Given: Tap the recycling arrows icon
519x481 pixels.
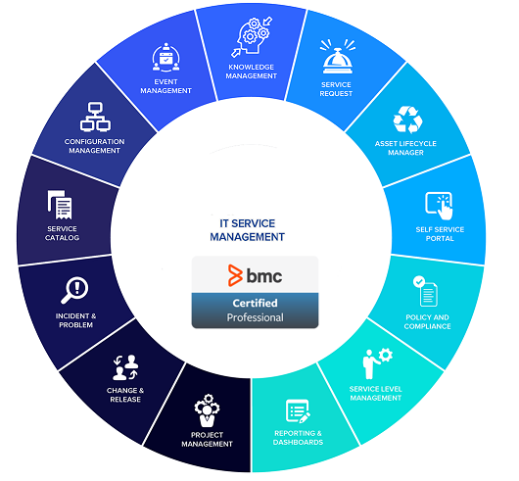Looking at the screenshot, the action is tap(407, 120).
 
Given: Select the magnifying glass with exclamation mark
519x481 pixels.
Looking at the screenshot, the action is tap(74, 290).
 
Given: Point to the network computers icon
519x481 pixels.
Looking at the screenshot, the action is tap(95, 117).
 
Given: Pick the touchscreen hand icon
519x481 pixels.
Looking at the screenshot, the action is tap(439, 206).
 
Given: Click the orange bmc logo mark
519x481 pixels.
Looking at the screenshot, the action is tap(235, 275).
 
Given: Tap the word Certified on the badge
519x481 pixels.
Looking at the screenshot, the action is tap(255, 303).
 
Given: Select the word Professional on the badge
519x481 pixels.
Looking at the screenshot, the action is tap(255, 317).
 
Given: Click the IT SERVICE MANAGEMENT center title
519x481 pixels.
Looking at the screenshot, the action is tap(247, 230).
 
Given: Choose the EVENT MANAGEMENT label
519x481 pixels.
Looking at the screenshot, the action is tap(165, 86).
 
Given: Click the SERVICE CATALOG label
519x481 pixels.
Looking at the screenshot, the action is tap(63, 233).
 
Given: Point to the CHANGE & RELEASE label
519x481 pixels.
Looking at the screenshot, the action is tap(125, 395).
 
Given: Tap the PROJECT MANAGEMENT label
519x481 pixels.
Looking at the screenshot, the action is tap(207, 439).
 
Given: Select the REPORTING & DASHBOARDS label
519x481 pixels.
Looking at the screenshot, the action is tap(298, 438).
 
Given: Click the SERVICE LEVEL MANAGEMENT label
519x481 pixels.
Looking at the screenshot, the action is tap(376, 393).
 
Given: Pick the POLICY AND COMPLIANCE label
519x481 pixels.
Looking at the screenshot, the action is tap(427, 321).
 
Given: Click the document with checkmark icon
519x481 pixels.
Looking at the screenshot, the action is tap(425, 291).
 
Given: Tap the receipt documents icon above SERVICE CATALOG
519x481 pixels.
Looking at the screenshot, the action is tap(60, 205).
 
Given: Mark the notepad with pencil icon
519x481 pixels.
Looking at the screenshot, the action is tap(298, 411).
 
